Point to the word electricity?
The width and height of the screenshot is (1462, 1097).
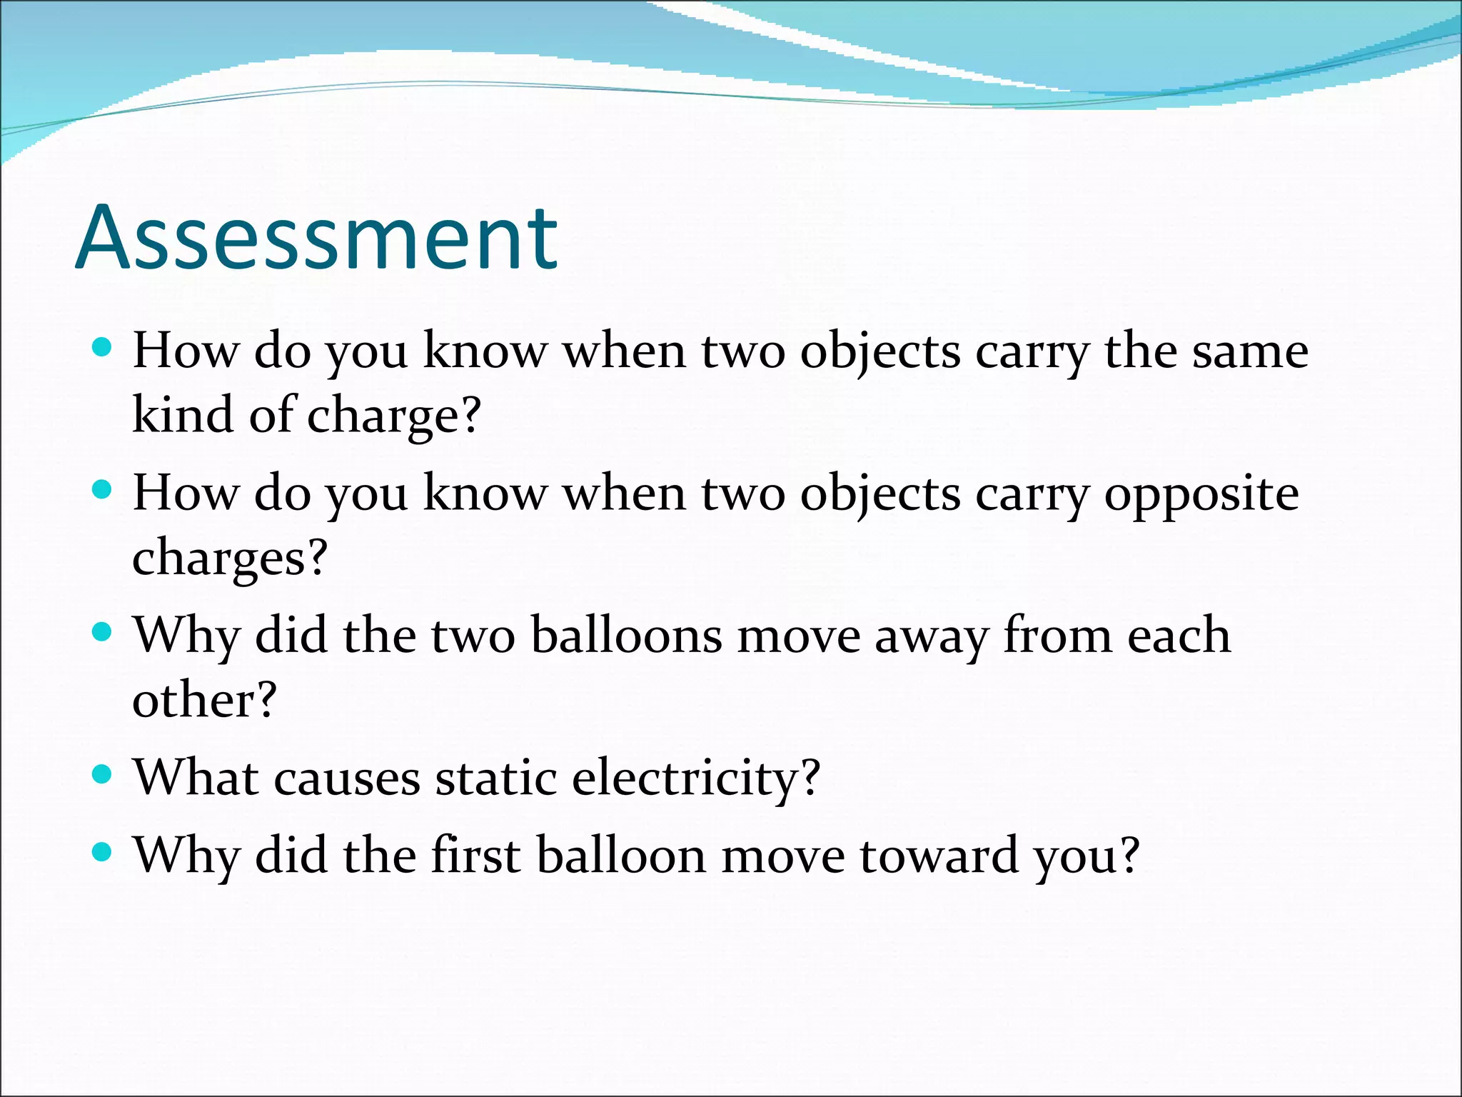[696, 778]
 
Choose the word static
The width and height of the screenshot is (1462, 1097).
[496, 778]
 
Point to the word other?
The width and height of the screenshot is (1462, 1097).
[204, 699]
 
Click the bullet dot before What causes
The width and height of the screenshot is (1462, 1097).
[103, 773]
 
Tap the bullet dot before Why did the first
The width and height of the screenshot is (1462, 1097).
[103, 851]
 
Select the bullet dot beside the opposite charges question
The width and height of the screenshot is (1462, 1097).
[103, 489]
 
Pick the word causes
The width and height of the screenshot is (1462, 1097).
[347, 778]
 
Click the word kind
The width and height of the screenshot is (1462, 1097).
[182, 415]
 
